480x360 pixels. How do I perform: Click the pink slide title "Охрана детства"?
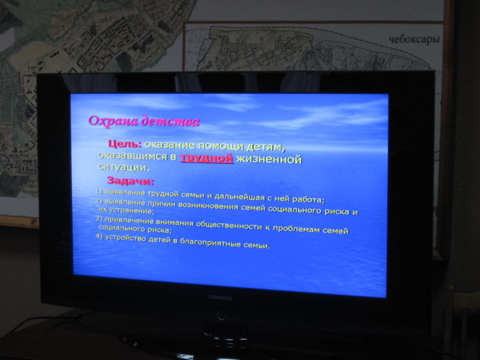144,121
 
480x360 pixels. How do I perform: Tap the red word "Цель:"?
125,143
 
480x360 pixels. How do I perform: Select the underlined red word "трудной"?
206,158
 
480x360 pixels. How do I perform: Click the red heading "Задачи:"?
130,181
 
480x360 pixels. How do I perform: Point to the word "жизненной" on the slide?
269,159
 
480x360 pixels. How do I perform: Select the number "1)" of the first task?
98,191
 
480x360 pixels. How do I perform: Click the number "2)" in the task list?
98,201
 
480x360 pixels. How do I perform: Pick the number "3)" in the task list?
98,218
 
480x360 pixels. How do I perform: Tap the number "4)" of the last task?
99,236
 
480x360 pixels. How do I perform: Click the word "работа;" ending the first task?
308,200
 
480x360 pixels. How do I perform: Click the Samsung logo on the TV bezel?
220,297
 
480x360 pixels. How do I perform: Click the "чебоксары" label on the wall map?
414,40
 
